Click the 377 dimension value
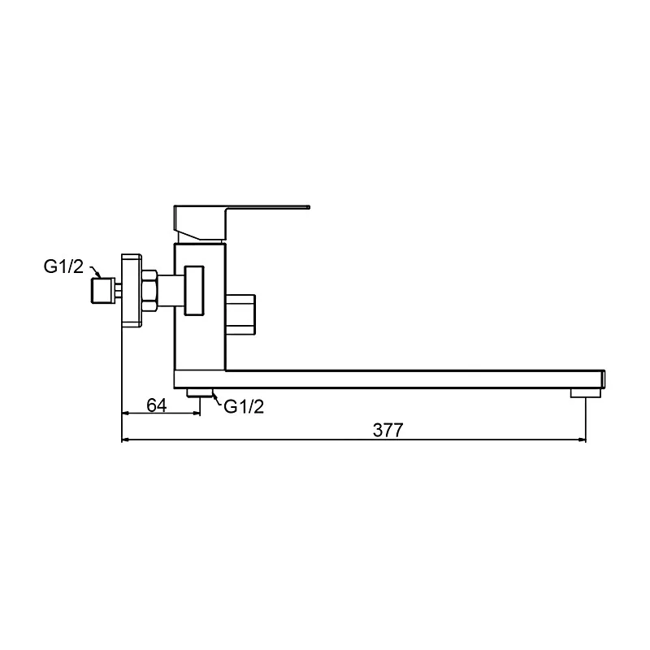pos(388,430)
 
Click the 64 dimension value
pos(157,405)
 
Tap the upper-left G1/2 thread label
pos(63,266)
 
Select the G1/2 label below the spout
pos(244,407)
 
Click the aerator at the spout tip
pos(585,392)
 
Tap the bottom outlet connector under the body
pos(199,392)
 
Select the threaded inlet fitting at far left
pos(103,290)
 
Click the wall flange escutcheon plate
pos(132,290)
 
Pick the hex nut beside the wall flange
pos(149,291)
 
